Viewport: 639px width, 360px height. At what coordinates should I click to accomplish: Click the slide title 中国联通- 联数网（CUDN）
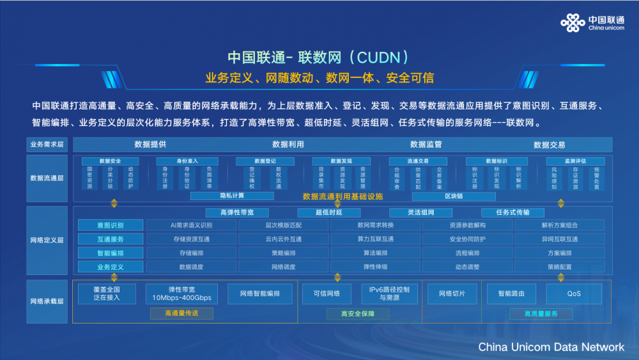[x=318, y=58]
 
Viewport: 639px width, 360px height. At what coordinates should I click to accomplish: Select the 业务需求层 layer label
[x=47, y=145]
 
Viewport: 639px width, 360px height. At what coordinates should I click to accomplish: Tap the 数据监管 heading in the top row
[x=426, y=145]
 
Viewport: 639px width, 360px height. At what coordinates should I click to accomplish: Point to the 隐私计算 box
[x=232, y=196]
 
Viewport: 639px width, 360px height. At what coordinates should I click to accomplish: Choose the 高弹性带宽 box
[x=236, y=212]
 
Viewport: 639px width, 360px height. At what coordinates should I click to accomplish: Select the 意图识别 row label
[x=111, y=225]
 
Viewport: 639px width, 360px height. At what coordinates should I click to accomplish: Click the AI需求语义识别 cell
[x=191, y=225]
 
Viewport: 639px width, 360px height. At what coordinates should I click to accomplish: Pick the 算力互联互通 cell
[x=375, y=239]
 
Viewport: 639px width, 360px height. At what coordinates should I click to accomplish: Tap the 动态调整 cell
[x=467, y=267]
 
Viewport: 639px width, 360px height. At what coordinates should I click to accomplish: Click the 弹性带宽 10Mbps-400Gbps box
[x=181, y=293]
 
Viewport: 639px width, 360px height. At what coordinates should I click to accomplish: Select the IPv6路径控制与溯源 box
[x=389, y=293]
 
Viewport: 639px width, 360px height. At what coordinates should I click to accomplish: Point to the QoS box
[x=574, y=293]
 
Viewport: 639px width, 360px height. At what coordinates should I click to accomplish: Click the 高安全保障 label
[x=358, y=314]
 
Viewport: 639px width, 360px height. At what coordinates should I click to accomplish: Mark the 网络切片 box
[x=452, y=293]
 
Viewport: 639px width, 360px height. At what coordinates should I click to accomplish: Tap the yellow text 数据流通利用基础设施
[x=343, y=196]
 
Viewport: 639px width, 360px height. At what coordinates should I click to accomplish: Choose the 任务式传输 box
[x=512, y=212]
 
